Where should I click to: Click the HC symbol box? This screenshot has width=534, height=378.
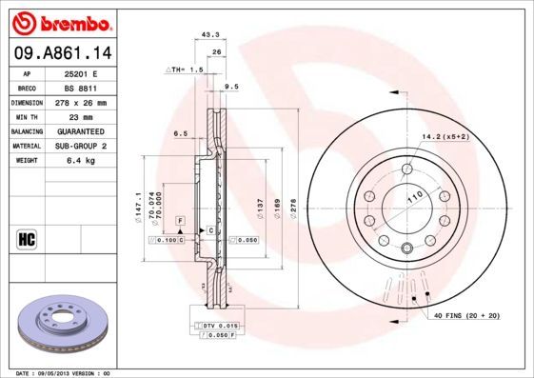tap(27, 237)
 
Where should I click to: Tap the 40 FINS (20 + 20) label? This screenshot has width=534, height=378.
tap(466, 314)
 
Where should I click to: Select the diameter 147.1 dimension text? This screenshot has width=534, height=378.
tap(140, 203)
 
